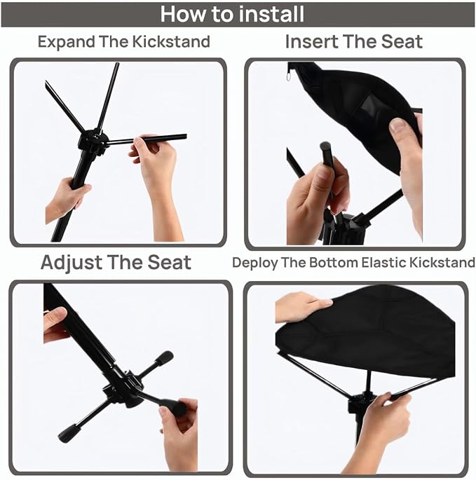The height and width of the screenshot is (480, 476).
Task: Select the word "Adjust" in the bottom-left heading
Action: (x=72, y=263)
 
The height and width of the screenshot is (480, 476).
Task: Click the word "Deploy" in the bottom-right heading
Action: (x=255, y=263)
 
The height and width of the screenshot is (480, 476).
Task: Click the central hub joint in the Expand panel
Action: (x=93, y=140)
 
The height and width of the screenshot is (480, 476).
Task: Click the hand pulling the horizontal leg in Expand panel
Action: (x=156, y=172)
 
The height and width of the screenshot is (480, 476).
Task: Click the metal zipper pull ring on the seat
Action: (x=289, y=75)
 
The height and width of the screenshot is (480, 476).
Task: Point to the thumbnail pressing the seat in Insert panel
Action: (x=399, y=125)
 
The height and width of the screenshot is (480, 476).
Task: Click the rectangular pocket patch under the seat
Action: (x=371, y=106)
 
